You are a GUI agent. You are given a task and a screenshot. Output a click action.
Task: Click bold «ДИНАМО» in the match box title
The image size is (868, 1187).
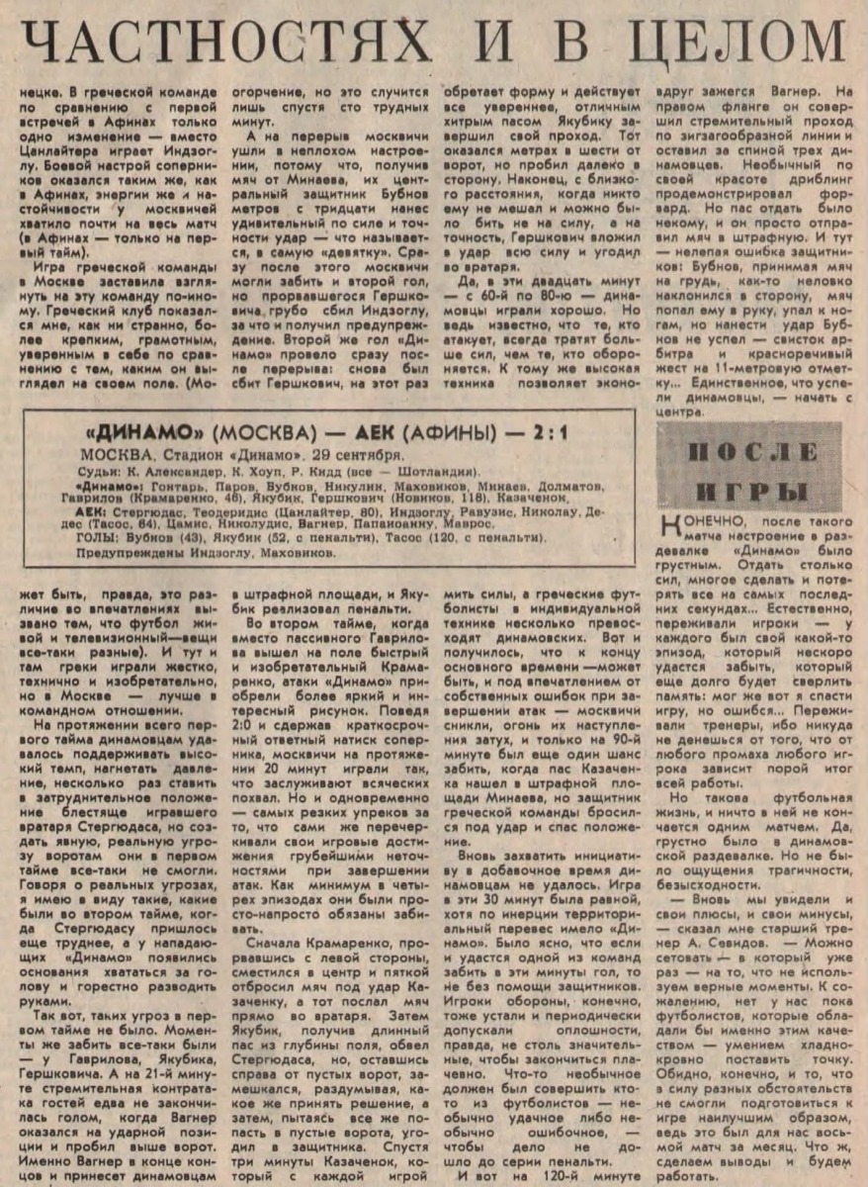(144, 434)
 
